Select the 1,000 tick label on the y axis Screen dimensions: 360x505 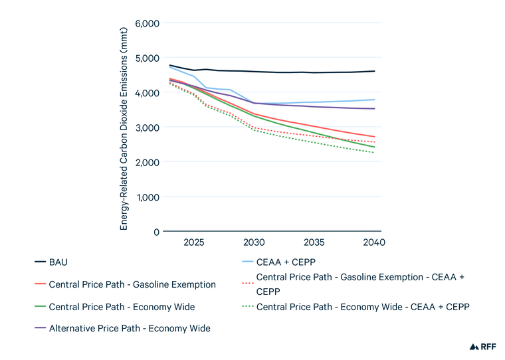point(146,197)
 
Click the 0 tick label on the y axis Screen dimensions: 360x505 point(156,232)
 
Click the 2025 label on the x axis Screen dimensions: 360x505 point(193,242)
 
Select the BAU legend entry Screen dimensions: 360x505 point(59,262)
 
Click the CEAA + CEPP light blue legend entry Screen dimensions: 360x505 point(286,262)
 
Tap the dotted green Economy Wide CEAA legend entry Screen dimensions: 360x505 point(363,306)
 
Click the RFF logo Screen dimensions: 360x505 point(482,346)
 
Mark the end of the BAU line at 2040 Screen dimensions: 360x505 point(375,71)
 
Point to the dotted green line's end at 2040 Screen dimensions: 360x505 point(375,153)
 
